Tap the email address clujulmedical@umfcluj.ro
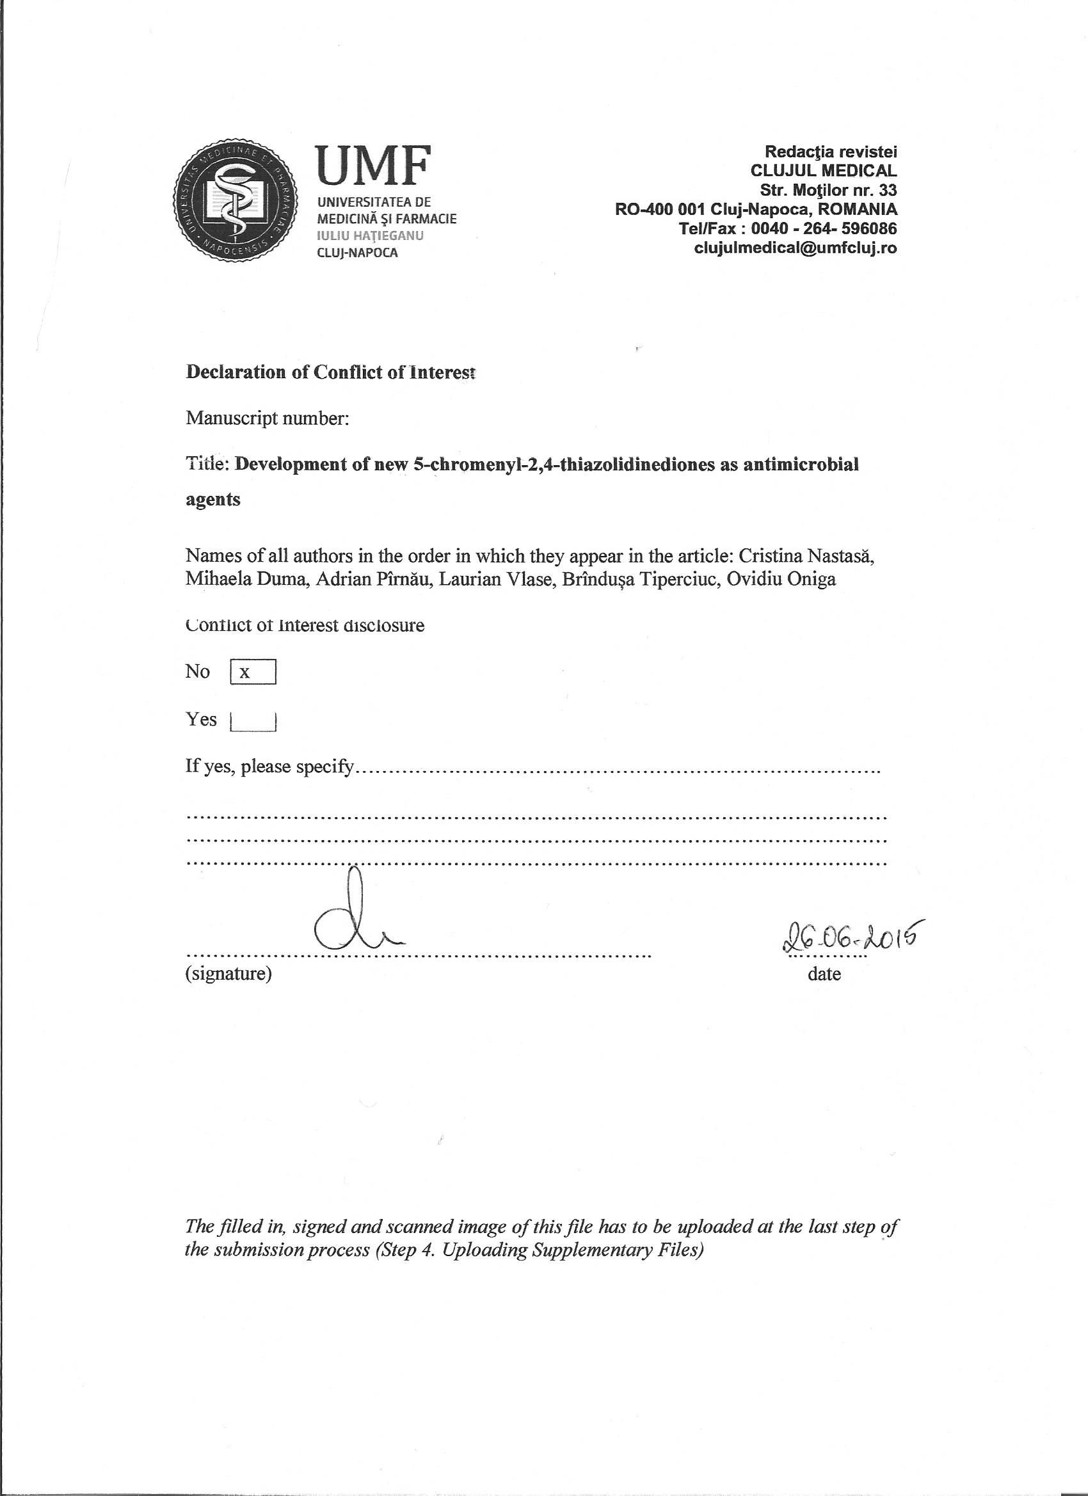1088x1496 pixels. [795, 248]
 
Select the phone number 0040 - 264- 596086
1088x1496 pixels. [824, 229]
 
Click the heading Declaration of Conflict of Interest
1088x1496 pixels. [330, 372]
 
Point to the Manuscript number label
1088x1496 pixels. [266, 418]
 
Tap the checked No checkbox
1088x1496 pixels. [253, 672]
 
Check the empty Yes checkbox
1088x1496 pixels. [253, 720]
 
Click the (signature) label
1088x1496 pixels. [228, 974]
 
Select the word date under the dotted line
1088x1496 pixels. [824, 974]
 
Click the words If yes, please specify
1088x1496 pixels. [271, 767]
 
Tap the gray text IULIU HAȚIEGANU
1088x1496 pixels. [370, 235]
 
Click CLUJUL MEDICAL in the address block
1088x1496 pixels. [824, 171]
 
